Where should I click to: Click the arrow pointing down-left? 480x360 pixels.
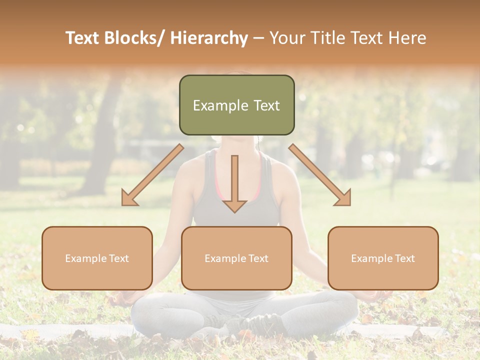pyautogui.click(x=152, y=175)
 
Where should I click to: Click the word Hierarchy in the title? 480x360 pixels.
pyautogui.click(x=209, y=38)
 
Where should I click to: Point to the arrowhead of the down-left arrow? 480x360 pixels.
pyautogui.click(x=128, y=199)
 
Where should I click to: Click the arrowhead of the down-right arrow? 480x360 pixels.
pyautogui.click(x=344, y=199)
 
